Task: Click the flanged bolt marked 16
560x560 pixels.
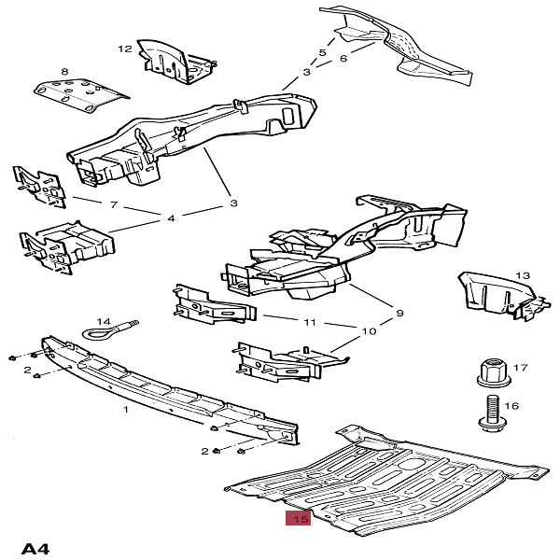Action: tap(491, 412)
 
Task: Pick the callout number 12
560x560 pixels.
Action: tap(125, 48)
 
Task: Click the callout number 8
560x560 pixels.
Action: tap(64, 71)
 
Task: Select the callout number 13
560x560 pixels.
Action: tap(523, 275)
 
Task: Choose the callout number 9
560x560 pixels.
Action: tap(399, 312)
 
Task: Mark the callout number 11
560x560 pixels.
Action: tap(310, 323)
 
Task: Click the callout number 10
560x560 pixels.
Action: tap(370, 331)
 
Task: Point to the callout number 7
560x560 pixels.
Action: tap(113, 204)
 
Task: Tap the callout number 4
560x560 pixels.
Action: tap(172, 219)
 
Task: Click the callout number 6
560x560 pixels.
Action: tap(343, 58)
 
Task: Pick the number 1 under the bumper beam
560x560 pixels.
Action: tap(127, 409)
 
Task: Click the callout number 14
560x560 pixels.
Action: tap(104, 320)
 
